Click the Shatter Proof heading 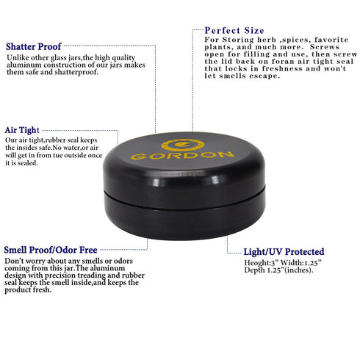click(34, 46)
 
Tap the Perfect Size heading click(234, 31)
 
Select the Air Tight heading click(22, 130)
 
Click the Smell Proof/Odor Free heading click(51, 250)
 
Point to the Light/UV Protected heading click(284, 252)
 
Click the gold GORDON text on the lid click(182, 155)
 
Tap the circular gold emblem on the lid click(183, 145)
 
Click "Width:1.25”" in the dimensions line click(301, 263)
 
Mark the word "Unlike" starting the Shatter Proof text click(15, 58)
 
